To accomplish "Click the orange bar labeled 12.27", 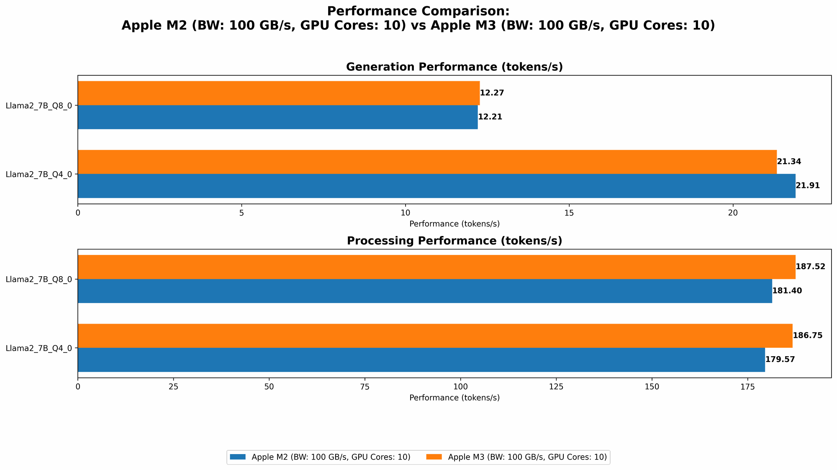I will tap(279, 93).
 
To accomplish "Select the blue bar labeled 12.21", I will tap(277, 117).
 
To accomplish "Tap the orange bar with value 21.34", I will tap(427, 162).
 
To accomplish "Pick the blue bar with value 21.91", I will tap(436, 186).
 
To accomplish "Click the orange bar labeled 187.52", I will tap(436, 267).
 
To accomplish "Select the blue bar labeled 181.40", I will tap(425, 291).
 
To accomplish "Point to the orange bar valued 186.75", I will tap(435, 336).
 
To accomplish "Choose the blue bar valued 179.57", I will tap(421, 360).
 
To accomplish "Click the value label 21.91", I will tap(808, 186).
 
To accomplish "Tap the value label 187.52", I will tap(810, 267).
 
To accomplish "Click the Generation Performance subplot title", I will tap(454, 67).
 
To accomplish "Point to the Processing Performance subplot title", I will tap(454, 241).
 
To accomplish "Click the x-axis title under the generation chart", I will tap(454, 224).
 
